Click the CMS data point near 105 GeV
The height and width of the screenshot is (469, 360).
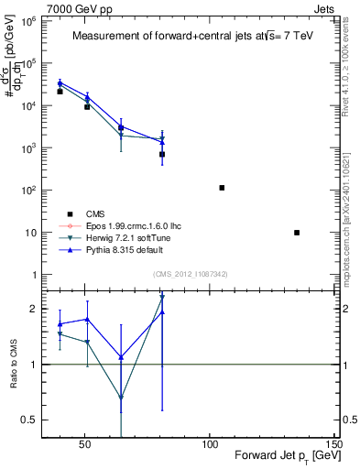(222, 188)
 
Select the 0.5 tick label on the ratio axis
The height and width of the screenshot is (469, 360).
(28, 420)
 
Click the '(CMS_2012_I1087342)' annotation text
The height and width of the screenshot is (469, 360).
(191, 274)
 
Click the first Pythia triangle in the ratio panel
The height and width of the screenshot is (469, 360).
(60, 324)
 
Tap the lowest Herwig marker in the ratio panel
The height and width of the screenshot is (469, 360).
(121, 398)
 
